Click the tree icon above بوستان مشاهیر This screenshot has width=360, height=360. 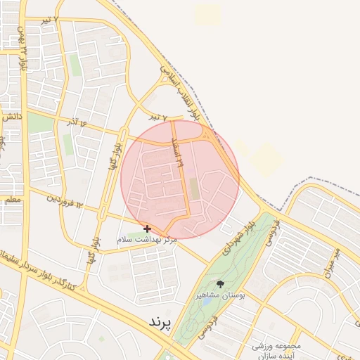[220, 284]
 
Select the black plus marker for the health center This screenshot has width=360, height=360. [147, 229]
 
